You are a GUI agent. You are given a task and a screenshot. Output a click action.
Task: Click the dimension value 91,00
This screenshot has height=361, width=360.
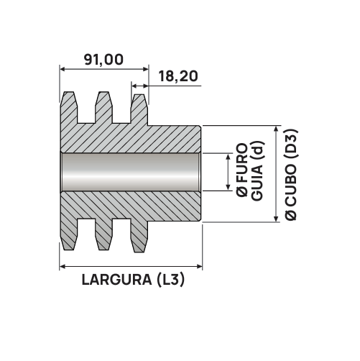click(x=103, y=60)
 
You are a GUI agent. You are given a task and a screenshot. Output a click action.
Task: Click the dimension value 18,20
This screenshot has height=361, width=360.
click(x=178, y=76)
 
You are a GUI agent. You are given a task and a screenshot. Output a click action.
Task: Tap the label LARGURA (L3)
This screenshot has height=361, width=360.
click(x=133, y=280)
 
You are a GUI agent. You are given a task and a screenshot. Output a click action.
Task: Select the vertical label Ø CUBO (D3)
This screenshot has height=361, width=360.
click(x=290, y=175)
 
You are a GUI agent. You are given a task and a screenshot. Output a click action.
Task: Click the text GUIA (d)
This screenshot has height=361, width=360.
click(x=258, y=171)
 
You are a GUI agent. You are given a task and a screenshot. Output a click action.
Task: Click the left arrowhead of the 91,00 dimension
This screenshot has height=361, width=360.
click(x=63, y=69)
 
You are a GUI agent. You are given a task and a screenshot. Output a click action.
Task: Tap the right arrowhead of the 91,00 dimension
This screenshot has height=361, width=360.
click(x=146, y=69)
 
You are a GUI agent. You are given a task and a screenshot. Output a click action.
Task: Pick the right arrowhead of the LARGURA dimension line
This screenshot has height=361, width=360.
click(x=200, y=266)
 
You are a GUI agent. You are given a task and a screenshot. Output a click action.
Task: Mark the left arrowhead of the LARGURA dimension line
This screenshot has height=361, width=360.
click(x=63, y=266)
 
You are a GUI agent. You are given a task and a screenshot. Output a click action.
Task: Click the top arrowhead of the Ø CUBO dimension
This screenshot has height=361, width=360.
click(x=276, y=129)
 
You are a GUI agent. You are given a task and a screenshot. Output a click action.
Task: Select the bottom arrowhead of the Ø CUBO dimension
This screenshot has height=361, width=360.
click(x=276, y=219)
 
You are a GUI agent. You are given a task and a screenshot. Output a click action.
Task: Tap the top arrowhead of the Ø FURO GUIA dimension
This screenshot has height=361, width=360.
click(x=229, y=157)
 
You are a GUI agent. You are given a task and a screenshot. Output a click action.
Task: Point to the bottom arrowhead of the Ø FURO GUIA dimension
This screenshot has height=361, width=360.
click(x=229, y=188)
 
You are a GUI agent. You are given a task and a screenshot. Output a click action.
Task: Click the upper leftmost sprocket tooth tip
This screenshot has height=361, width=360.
click(x=68, y=93)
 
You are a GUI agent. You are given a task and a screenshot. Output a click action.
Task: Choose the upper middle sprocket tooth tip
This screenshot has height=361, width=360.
click(x=103, y=93)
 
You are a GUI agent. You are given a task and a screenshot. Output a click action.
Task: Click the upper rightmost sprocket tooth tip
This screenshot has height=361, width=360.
click(x=139, y=95)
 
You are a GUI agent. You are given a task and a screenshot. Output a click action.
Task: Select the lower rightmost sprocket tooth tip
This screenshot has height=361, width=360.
click(x=139, y=251)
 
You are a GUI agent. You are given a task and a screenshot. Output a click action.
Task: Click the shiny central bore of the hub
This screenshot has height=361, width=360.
click(x=131, y=172)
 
